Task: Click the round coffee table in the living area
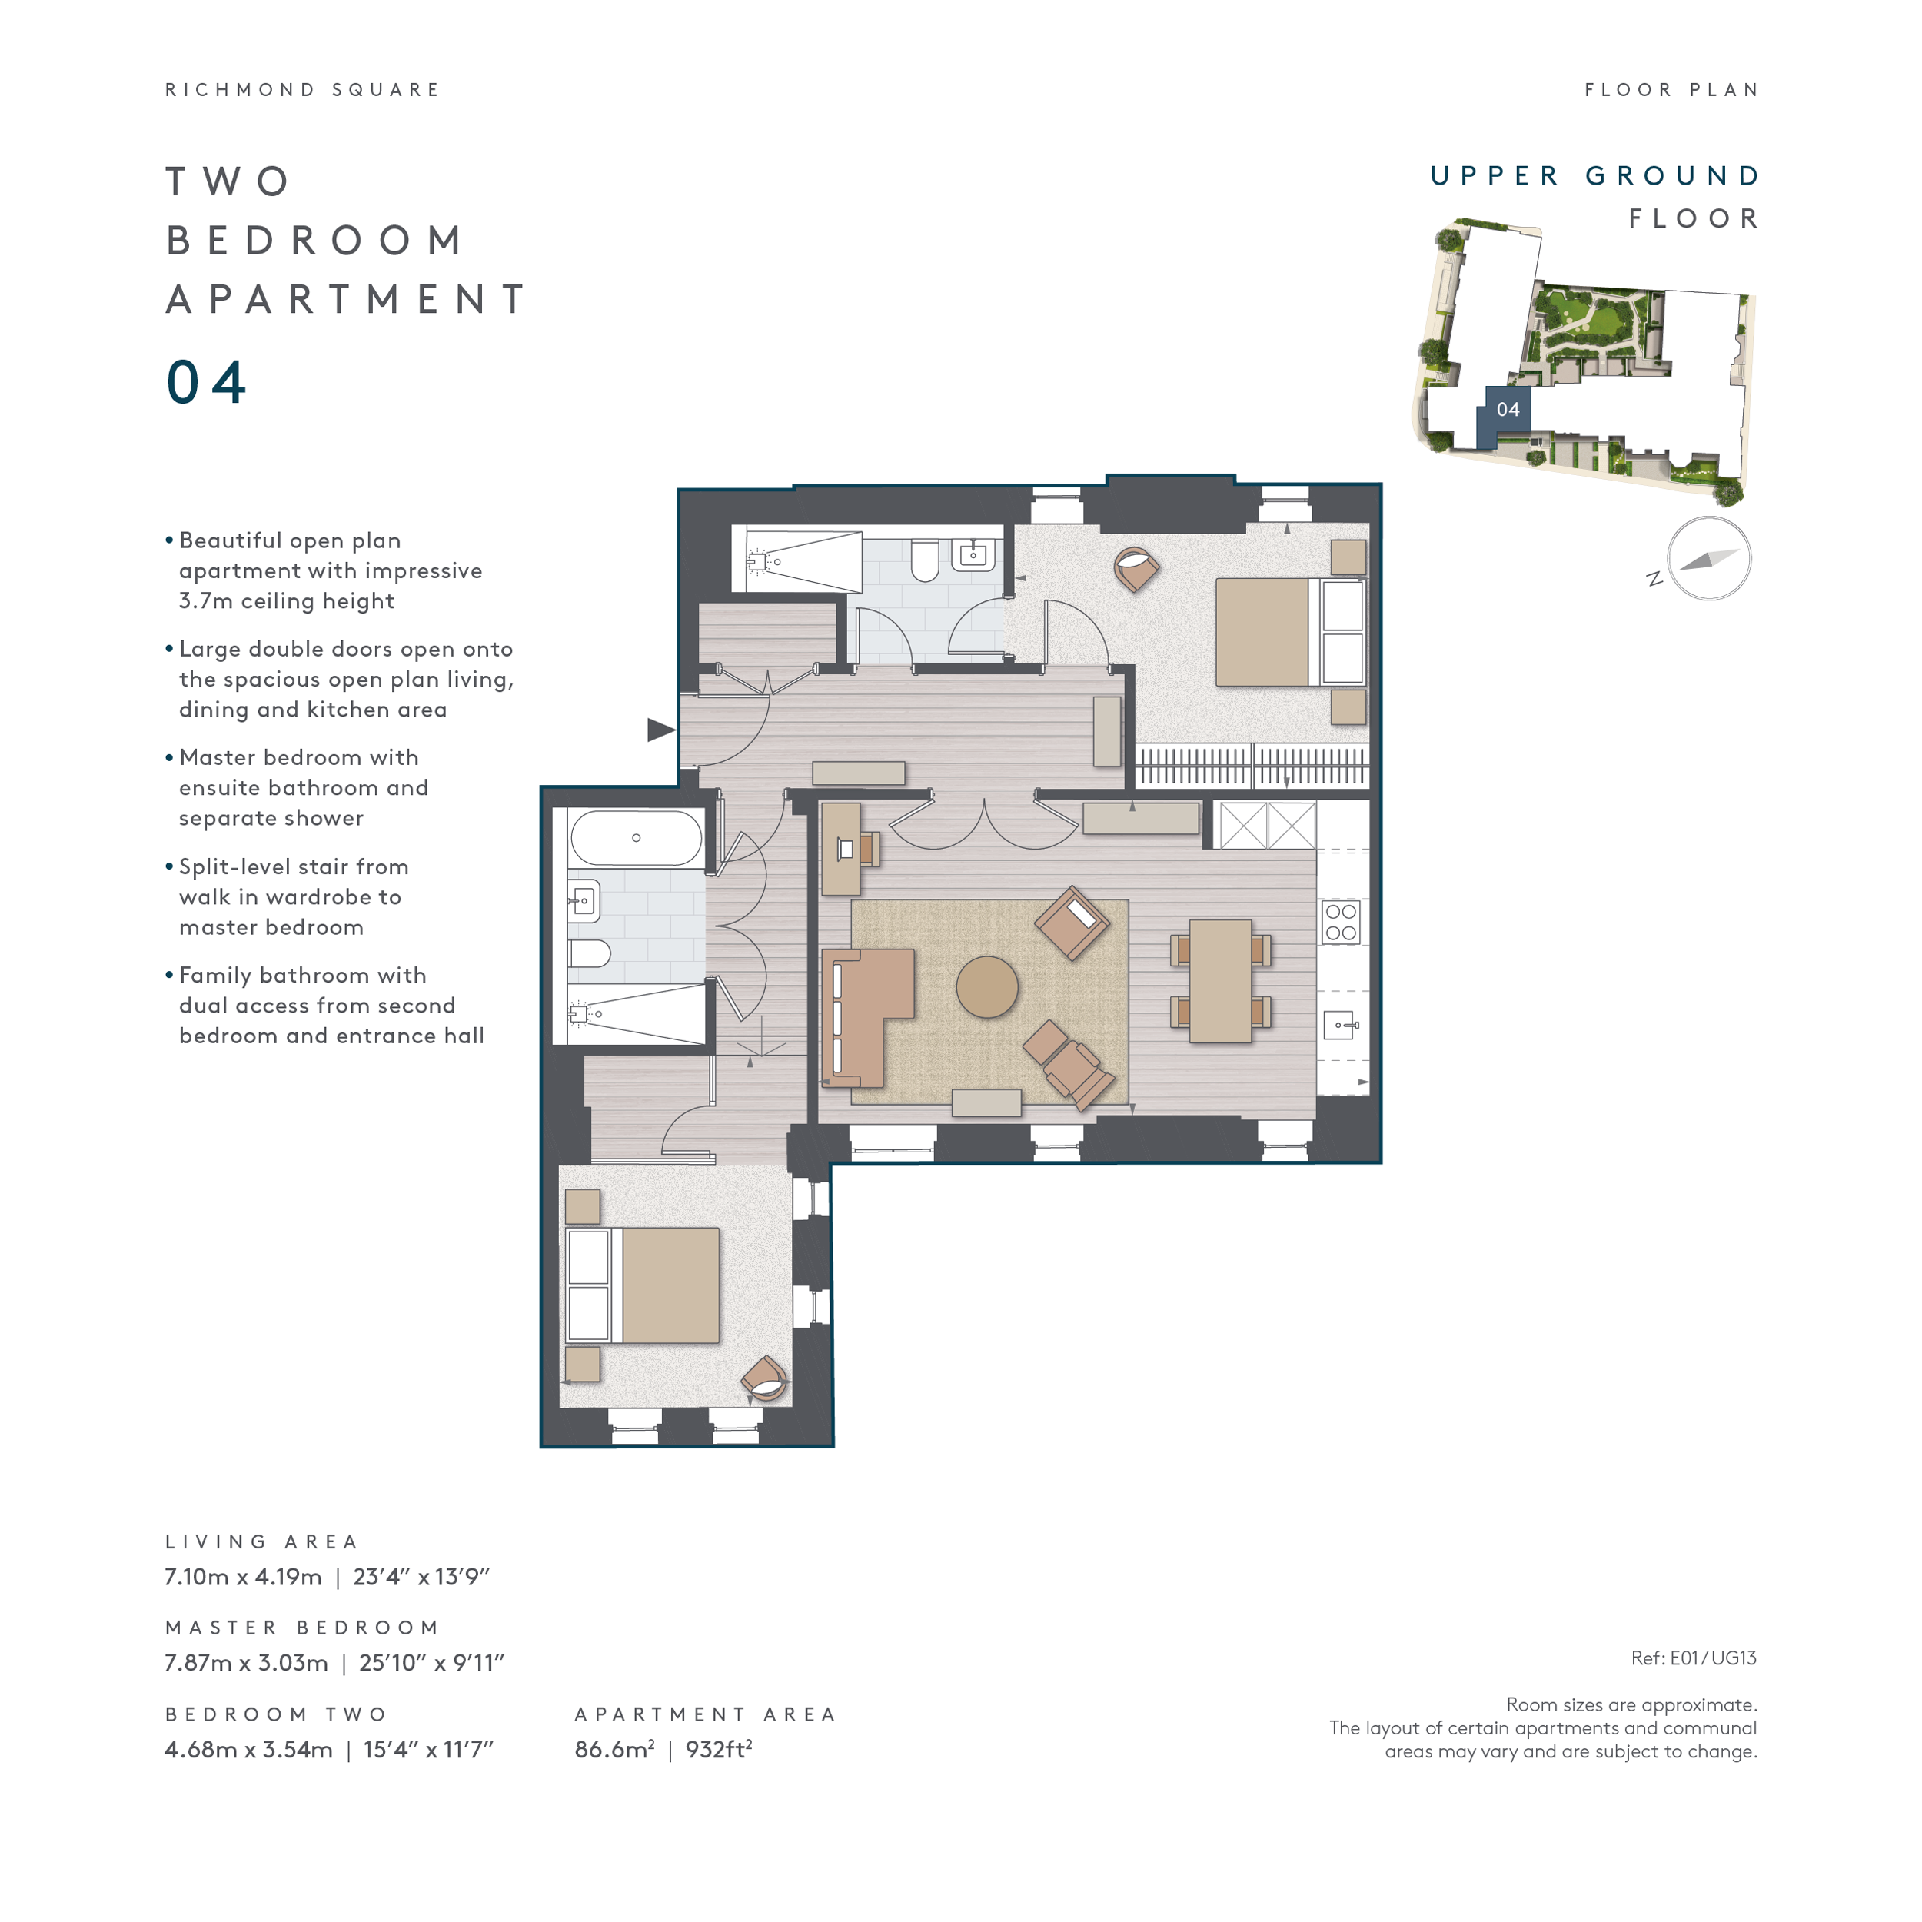987,987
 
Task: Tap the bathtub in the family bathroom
636,838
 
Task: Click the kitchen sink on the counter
1340,1025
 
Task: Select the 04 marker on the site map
1507,409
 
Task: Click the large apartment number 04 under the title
206,382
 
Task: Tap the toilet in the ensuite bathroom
924,560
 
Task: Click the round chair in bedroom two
765,1378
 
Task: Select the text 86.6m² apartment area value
614,1749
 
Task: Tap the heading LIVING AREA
261,1541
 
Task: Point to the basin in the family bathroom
583,901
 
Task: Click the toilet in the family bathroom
588,953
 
